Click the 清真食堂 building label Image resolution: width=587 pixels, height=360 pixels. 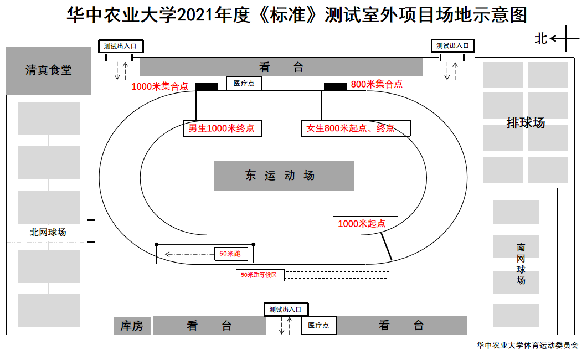click(x=49, y=70)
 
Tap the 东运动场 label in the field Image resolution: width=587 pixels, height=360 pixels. click(x=284, y=176)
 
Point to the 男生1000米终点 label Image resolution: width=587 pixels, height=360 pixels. click(x=222, y=128)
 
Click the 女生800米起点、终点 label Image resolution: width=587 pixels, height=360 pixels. click(x=356, y=128)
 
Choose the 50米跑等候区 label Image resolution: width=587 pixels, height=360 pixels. click(x=260, y=275)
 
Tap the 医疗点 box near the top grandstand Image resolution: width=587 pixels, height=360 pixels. click(x=244, y=84)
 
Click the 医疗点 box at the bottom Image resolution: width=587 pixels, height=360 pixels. click(x=318, y=326)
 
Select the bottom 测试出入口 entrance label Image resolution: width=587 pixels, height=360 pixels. click(x=286, y=310)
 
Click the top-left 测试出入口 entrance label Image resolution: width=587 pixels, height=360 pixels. click(x=120, y=46)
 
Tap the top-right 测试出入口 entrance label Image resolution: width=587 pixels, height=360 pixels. click(x=452, y=46)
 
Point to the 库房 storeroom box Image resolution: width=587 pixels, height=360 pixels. click(x=132, y=326)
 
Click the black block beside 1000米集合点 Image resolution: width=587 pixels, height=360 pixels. click(x=207, y=87)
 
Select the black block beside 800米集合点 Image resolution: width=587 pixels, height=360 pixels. click(x=335, y=87)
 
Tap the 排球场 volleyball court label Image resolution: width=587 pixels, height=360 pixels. click(x=526, y=123)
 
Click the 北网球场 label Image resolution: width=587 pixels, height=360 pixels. click(x=48, y=232)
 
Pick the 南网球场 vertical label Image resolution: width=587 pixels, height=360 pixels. click(x=521, y=264)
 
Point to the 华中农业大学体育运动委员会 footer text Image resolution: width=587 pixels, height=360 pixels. click(x=527, y=345)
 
